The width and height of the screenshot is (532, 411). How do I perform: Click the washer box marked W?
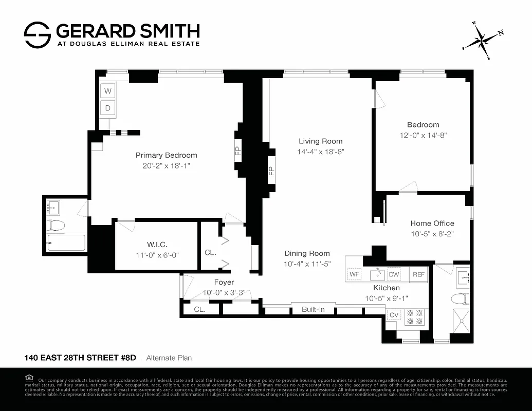tap(108, 91)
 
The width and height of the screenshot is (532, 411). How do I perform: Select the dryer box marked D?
tap(108, 108)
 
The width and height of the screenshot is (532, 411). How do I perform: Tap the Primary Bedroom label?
tap(166, 155)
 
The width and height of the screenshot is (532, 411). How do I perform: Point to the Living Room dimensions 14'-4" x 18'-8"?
tap(320, 152)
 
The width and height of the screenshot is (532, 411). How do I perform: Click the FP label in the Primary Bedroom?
tap(238, 152)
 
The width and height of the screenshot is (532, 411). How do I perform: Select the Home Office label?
tap(432, 223)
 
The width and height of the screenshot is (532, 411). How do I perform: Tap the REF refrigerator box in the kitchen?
tap(418, 275)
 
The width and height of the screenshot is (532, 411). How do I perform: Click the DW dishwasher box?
tap(394, 275)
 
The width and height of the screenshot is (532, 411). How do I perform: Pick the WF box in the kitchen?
tap(354, 275)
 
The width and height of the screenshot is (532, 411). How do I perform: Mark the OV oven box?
tap(393, 315)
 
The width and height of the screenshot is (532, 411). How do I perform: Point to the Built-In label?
tap(313, 310)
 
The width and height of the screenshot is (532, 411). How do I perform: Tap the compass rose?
tap(481, 40)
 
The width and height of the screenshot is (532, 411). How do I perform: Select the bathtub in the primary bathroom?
tap(66, 242)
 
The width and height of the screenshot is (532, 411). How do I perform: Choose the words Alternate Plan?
tap(169, 358)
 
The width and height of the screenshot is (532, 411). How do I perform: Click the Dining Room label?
tap(307, 253)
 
